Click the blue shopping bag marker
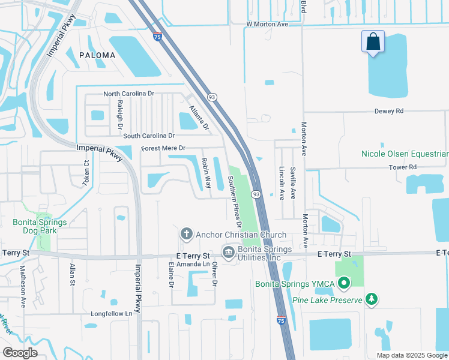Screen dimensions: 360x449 373,42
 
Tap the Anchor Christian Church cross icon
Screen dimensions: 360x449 186,234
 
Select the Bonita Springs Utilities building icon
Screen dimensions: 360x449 229,253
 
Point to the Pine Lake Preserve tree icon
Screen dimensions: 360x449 372,298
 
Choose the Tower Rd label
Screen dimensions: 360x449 402,167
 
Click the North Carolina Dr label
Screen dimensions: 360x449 129,94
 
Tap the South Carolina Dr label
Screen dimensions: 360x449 149,136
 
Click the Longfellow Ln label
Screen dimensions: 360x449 111,314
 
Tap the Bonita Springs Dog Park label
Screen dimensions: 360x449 40,226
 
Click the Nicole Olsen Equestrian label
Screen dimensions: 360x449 405,154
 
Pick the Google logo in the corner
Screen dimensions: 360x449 20,353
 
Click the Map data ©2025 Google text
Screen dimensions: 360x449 411,355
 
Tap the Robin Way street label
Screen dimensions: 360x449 206,173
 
